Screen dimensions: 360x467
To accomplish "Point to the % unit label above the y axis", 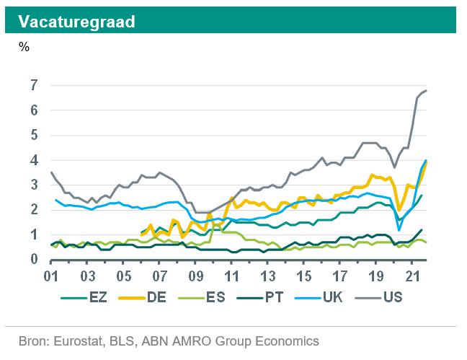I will point(24,48).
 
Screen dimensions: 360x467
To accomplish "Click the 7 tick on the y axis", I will point(34,86).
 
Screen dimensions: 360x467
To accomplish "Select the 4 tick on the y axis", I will point(34,160).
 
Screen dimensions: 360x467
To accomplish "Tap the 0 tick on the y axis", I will point(34,260).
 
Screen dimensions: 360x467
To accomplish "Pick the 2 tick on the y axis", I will point(34,210).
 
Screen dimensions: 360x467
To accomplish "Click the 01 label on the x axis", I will point(52,276).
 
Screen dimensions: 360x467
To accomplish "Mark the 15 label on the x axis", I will point(303,276).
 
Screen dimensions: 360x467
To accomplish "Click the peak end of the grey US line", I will point(427,90).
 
